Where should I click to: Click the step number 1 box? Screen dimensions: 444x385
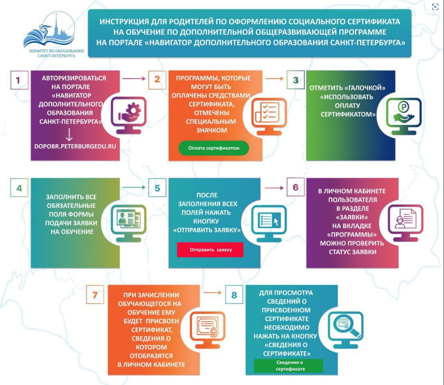[x=19, y=80]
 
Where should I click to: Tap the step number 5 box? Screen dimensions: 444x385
[x=157, y=188]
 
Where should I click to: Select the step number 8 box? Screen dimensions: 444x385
[x=234, y=295]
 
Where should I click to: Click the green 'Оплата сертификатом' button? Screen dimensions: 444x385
[x=213, y=148]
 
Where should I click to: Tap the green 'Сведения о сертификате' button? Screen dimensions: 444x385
[x=288, y=366]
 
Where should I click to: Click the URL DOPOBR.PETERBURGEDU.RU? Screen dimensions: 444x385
[x=75, y=146]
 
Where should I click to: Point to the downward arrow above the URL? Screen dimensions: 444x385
[x=69, y=135]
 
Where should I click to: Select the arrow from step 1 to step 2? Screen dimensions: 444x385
[x=134, y=78]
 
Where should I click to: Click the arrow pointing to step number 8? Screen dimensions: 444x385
[x=213, y=292]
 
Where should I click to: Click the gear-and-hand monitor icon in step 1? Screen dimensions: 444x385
[x=128, y=115]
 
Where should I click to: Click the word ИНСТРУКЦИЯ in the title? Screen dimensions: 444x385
[x=124, y=21]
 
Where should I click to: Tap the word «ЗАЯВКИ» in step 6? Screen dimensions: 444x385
[x=352, y=217]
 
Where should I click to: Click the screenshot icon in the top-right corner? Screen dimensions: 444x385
[x=435, y=7]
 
